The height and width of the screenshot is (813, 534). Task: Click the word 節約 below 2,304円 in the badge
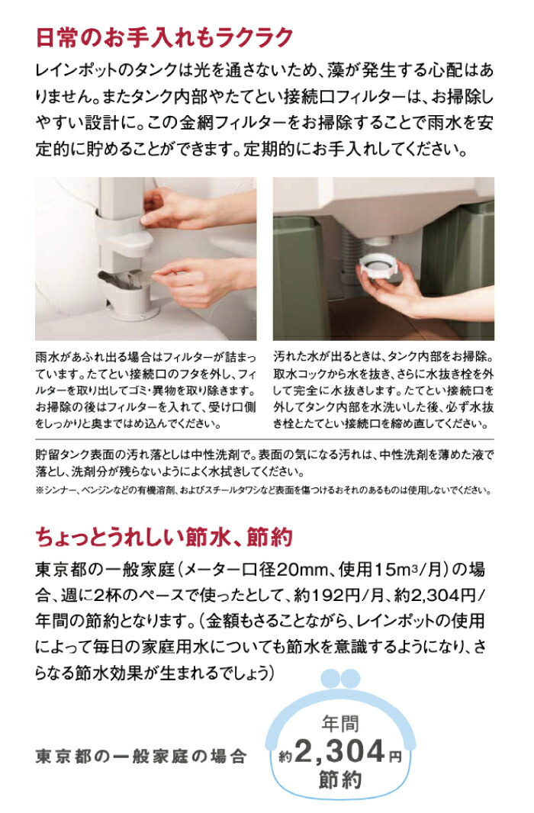[340, 782]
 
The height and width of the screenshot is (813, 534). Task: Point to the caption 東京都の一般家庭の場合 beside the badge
[141, 757]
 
